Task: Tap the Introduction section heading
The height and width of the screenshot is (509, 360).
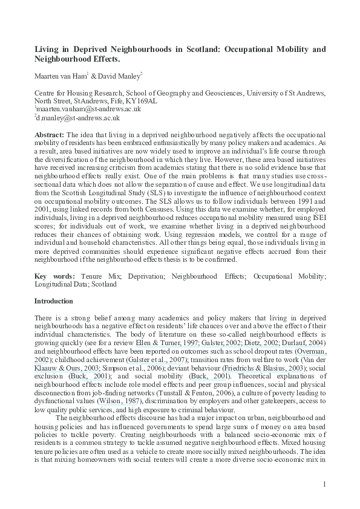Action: click(54, 300)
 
